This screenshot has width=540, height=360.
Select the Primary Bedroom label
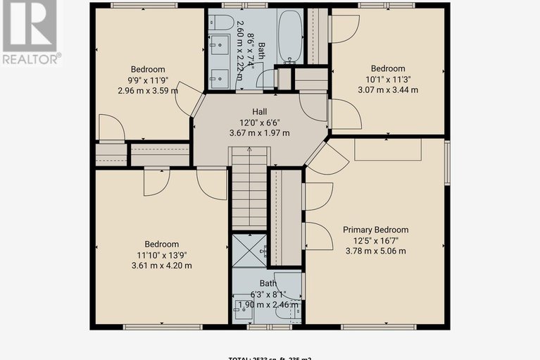coord(375,230)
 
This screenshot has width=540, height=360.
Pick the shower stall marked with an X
coord(245,250)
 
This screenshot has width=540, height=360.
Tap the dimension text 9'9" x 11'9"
coord(147,80)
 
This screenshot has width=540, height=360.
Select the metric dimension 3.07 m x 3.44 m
coord(388,89)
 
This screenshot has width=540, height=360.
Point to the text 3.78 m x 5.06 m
coord(375,251)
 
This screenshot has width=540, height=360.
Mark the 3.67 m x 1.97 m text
coord(260,133)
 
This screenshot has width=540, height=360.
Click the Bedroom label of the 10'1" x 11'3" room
coord(388,68)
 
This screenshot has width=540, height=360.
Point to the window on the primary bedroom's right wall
coord(446,163)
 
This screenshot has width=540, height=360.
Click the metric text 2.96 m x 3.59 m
coord(147,90)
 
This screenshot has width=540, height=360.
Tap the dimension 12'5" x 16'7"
coord(375,240)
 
